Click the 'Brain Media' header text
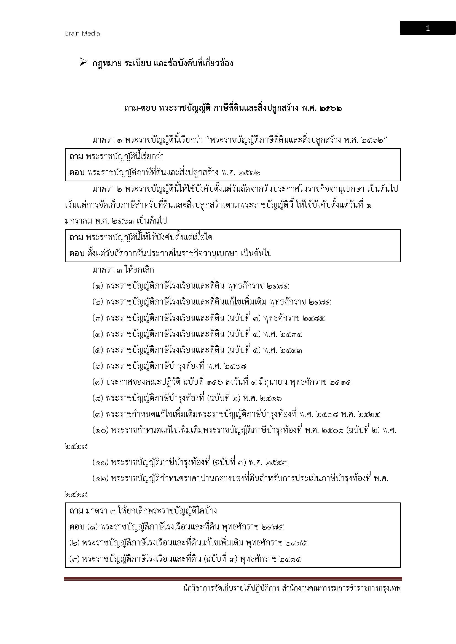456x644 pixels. coord(82,33)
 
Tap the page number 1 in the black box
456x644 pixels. coord(428,28)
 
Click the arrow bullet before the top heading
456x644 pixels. coord(83,63)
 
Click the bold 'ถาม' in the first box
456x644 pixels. coord(76,156)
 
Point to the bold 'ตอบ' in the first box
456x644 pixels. coord(77,173)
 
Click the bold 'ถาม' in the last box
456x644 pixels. coord(76,511)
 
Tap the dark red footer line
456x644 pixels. coord(233,579)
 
